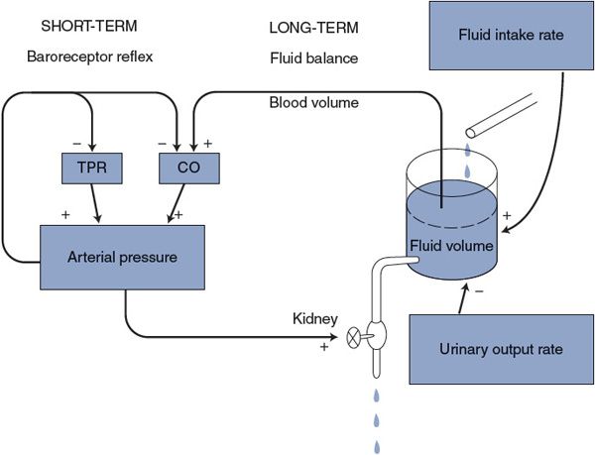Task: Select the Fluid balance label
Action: [313, 58]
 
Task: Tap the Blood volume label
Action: [312, 102]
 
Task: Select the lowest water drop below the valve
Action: [377, 446]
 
